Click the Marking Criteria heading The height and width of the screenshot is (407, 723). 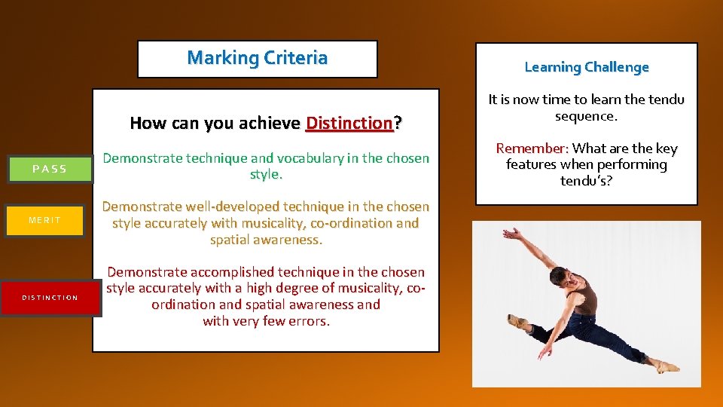tap(257, 58)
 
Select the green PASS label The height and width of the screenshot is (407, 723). tap(50, 169)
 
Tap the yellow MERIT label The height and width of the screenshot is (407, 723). tap(44, 220)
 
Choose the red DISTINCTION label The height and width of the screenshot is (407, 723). tap(50, 298)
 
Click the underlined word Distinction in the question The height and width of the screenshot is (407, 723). tap(349, 123)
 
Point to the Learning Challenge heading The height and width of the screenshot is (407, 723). tap(586, 67)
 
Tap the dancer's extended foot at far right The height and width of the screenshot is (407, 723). tap(667, 367)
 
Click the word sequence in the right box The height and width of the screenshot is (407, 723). tap(586, 116)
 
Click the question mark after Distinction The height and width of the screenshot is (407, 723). tap(398, 123)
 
